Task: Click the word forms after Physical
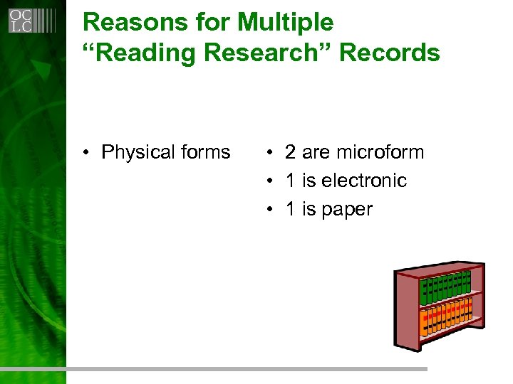[x=205, y=152]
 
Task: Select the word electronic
[x=363, y=181]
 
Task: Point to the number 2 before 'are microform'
[x=290, y=152]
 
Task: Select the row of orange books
[x=446, y=316]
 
